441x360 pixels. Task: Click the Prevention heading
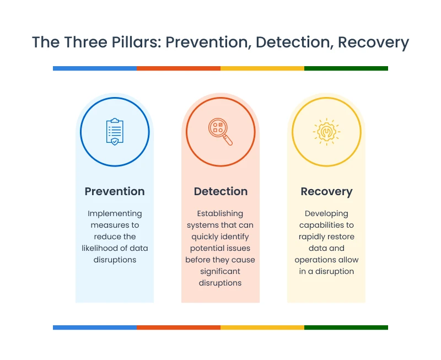click(115, 191)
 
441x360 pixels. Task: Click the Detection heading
click(221, 191)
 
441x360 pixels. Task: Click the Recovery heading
click(326, 192)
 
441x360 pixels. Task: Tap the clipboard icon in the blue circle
click(115, 132)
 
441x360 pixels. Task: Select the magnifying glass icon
click(220, 132)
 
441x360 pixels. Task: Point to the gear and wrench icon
click(326, 132)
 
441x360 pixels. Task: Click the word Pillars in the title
click(136, 42)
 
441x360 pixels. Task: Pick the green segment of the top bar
click(346, 68)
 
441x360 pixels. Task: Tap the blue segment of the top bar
click(95, 68)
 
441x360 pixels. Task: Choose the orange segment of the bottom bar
click(179, 327)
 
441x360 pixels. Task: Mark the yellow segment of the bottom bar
click(262, 327)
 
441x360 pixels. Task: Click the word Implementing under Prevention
click(115, 214)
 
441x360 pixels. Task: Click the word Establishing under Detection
click(220, 214)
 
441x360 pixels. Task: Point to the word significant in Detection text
click(220, 272)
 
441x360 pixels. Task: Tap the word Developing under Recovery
click(326, 214)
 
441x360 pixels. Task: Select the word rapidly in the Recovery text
click(310, 237)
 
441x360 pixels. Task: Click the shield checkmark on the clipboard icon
click(115, 142)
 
